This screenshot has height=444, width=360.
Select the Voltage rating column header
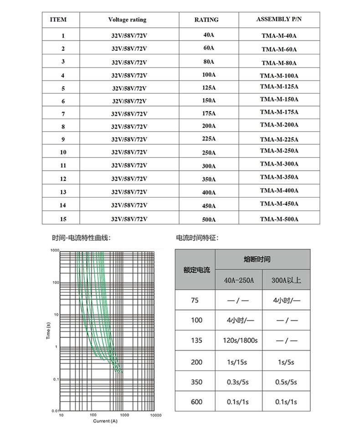[127, 20]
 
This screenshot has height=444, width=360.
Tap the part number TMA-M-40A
[279, 36]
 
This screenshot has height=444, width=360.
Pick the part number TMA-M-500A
[279, 219]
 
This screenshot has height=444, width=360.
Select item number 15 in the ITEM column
[63, 219]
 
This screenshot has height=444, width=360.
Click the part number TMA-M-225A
[279, 139]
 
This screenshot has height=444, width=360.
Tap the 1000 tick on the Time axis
[55, 251]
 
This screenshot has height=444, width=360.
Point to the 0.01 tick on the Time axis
[55, 411]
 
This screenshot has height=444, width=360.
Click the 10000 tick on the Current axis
[156, 416]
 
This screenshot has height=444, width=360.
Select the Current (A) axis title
[105, 421]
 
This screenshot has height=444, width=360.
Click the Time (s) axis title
[48, 331]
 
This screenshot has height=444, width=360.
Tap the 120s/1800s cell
[242, 341]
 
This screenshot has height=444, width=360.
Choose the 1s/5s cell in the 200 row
[286, 362]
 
